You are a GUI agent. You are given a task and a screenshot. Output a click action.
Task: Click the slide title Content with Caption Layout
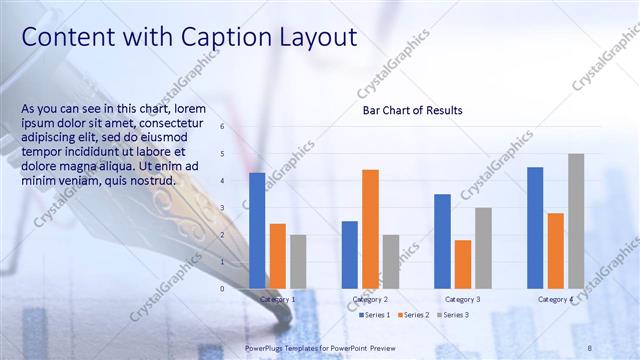coord(189,37)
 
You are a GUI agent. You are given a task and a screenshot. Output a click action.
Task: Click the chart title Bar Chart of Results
coord(412,110)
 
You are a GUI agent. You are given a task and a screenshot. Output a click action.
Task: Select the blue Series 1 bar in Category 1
coord(257,230)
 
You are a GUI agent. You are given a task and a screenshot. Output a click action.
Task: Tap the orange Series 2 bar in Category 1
coord(277,256)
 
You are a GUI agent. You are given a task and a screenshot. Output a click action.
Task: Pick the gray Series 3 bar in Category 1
coord(298,261)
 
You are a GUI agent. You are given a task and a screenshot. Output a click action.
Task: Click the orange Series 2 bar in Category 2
coord(370,228)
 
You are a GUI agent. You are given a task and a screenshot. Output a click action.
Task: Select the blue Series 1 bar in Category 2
coord(349,254)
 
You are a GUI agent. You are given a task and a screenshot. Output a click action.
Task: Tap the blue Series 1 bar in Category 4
coord(535,227)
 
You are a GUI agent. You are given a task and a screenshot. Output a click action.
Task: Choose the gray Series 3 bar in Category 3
coord(483,247)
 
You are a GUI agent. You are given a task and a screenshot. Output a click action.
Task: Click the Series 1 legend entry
coord(375,315)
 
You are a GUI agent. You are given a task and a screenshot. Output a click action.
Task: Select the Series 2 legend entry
coord(414,315)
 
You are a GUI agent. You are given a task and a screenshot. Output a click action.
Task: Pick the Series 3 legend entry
coord(452,315)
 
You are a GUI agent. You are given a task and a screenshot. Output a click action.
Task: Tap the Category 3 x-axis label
coord(462,299)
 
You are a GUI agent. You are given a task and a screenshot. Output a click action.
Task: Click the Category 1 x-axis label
coord(277,299)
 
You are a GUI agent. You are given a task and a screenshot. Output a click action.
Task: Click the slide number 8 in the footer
coord(589,347)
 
